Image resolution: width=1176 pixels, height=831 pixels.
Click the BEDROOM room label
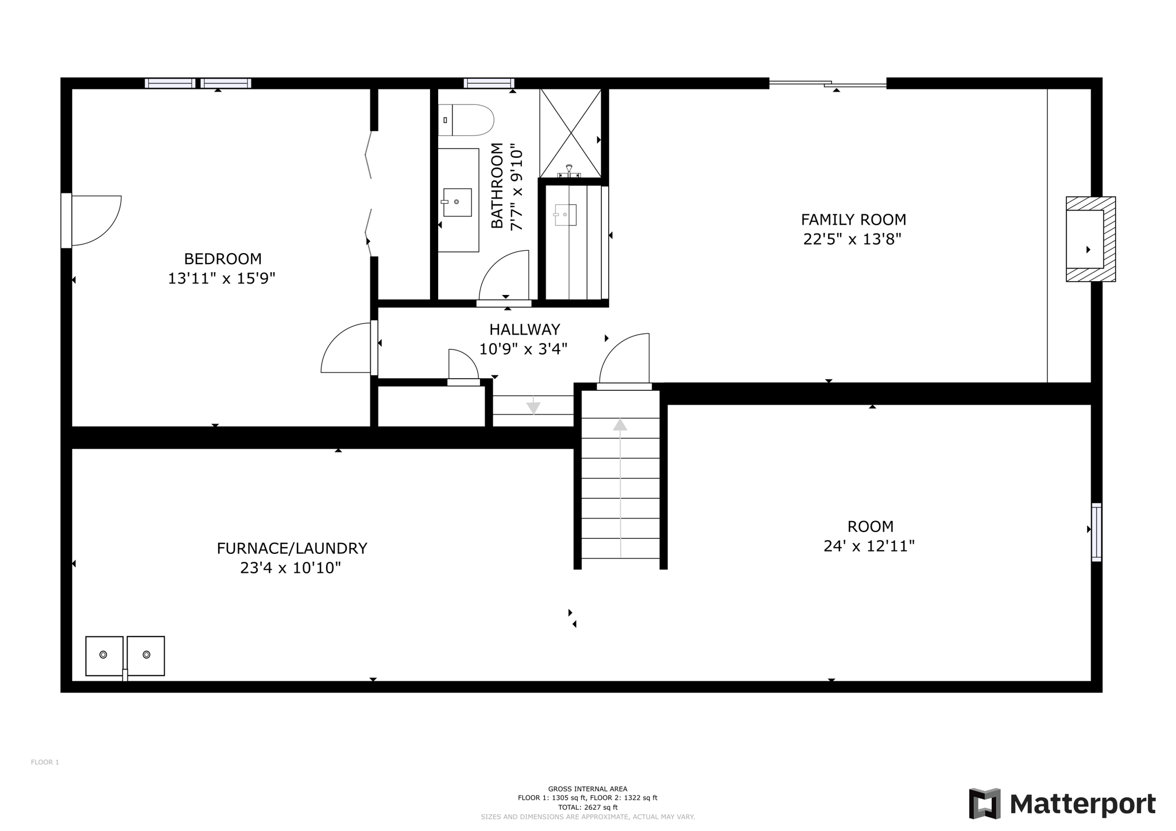click(222, 259)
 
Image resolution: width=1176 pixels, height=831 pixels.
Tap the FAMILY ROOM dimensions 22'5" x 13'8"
click(852, 239)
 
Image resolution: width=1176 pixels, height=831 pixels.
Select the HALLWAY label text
click(524, 329)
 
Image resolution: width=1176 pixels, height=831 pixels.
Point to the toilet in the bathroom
click(467, 120)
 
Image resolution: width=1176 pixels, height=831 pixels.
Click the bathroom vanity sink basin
click(457, 202)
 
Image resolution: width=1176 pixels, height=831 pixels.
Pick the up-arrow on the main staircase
click(620, 425)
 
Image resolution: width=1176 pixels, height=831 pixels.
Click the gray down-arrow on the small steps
click(533, 407)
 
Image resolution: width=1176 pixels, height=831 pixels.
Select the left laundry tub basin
click(104, 655)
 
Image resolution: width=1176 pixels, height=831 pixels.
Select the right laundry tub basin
click(146, 655)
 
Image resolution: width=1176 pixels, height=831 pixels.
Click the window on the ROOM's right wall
click(1096, 532)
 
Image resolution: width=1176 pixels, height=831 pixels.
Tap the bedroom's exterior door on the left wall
click(67, 220)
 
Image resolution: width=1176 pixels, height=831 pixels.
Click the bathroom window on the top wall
click(489, 83)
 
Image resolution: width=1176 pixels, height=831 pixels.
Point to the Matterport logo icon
click(984, 803)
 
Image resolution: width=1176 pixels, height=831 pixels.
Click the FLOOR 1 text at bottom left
click(45, 762)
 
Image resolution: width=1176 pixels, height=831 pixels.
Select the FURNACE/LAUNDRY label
click(292, 549)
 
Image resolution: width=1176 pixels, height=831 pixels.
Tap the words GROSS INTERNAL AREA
click(587, 789)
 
